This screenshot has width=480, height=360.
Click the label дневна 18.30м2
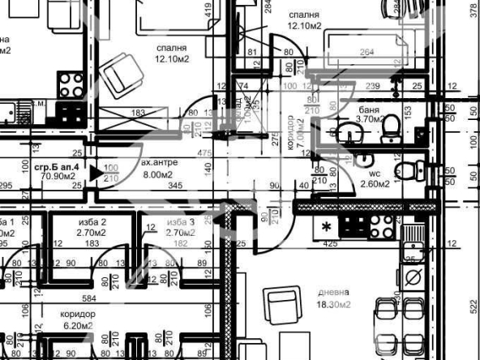334,298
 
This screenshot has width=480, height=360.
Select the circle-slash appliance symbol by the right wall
413,278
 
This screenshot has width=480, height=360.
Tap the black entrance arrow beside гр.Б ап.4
96,172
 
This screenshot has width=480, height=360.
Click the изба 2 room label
92,227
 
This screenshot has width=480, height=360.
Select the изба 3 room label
181,227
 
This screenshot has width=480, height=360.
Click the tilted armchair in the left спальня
122,73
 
